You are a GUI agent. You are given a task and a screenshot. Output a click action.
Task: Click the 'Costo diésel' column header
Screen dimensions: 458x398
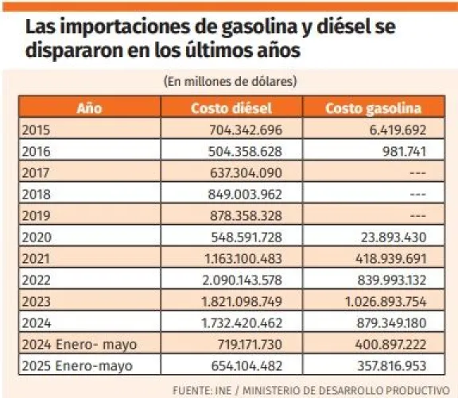tap(231, 108)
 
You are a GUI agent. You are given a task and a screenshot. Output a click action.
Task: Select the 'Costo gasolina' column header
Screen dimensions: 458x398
tap(373, 108)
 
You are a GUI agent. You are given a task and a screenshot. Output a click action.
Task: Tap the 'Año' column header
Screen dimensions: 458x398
tap(89, 108)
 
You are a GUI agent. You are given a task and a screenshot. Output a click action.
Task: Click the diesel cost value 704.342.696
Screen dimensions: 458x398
tap(246, 129)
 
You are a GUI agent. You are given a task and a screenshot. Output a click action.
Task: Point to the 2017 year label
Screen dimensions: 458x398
tap(36, 172)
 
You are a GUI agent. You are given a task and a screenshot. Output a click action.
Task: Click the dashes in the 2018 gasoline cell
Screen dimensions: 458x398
tap(418, 195)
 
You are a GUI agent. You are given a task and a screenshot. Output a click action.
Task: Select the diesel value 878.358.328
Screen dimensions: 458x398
tap(246, 215)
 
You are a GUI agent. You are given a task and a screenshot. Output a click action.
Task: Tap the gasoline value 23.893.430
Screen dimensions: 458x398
tap(394, 238)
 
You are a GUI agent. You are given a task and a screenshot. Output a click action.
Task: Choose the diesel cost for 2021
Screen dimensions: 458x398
tap(243, 259)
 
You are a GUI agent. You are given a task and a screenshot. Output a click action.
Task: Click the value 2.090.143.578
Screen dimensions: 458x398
tap(243, 280)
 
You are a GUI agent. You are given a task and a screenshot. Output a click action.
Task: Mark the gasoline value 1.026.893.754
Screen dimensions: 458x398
tap(386, 302)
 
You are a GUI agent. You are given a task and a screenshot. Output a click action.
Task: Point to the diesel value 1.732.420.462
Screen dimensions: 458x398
tap(242, 323)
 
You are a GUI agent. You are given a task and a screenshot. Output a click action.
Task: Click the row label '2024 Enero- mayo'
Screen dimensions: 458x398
tap(80, 345)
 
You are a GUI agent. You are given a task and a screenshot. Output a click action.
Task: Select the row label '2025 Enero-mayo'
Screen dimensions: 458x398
tap(77, 366)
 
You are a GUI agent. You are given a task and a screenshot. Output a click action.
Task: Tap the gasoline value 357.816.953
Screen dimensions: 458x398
tap(392, 366)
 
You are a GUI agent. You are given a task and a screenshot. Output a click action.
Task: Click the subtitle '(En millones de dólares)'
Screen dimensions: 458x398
tap(230, 81)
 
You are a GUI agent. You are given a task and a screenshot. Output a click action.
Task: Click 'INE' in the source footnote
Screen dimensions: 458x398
tap(223, 390)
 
